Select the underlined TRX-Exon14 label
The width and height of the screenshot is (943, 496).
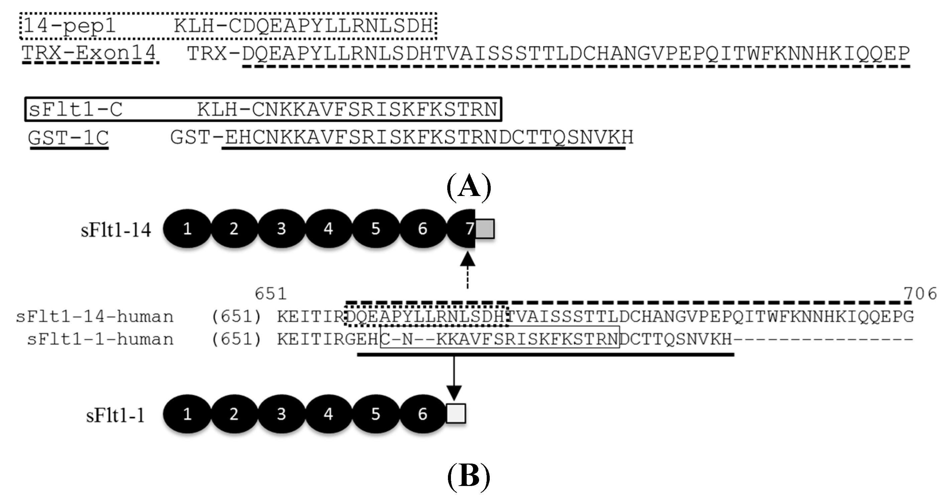pos(89,54)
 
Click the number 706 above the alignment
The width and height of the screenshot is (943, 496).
pos(920,294)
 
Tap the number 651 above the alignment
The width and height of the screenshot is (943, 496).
pos(270,294)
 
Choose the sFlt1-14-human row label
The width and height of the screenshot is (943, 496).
pos(95,317)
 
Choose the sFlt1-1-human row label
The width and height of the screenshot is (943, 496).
pos(100,339)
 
